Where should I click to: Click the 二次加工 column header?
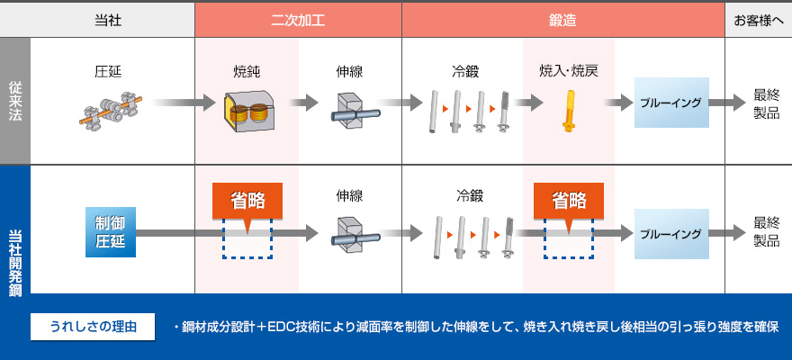tap(298, 20)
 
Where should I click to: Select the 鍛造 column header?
tap(562, 20)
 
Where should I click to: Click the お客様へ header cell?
tap(758, 20)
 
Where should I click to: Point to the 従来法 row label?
tap(15, 100)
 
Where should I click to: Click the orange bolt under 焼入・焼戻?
tap(568, 112)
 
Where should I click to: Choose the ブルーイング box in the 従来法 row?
tap(670, 103)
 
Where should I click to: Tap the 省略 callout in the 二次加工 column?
tap(247, 200)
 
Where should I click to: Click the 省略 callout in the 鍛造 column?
tap(568, 200)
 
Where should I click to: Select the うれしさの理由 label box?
tap(87, 326)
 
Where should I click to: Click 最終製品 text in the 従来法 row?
tap(766, 103)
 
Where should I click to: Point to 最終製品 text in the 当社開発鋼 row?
tap(766, 232)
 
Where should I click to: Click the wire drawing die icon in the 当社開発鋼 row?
tap(349, 236)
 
